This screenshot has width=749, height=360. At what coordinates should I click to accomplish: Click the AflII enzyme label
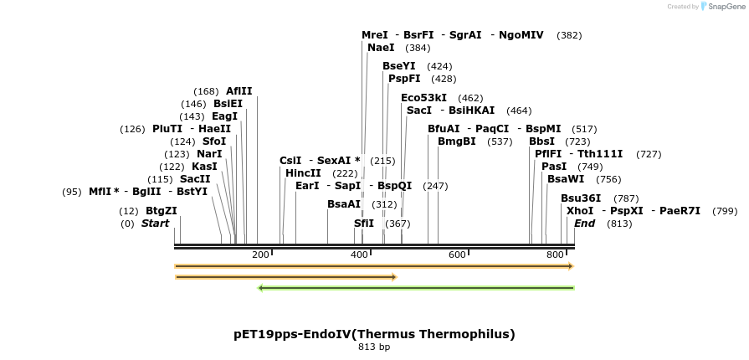[239, 91]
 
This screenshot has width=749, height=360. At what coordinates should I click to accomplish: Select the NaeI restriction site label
[381, 48]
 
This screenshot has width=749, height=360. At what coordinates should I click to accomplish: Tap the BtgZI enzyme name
[162, 211]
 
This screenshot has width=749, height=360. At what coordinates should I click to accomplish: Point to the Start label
[155, 224]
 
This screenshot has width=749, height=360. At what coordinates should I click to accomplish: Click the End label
[585, 224]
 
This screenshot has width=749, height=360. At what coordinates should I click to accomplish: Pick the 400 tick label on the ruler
[359, 255]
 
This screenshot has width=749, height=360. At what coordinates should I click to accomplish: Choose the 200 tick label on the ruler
[260, 255]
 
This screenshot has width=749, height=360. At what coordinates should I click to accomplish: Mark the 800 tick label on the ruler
[555, 255]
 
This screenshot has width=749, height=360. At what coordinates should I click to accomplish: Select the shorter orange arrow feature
[285, 276]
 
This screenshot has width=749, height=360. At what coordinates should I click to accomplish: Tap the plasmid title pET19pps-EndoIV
[374, 334]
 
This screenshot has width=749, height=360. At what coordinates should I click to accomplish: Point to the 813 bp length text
[374, 347]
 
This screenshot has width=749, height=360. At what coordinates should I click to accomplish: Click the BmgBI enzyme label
[457, 141]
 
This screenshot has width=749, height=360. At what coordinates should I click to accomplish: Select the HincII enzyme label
[303, 173]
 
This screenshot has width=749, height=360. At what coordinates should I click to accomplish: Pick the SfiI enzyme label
[364, 224]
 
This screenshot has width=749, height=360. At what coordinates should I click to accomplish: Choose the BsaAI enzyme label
[344, 204]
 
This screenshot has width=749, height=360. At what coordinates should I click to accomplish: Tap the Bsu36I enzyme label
[581, 198]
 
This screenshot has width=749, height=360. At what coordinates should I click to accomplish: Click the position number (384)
[418, 49]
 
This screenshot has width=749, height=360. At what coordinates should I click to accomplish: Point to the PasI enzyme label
[554, 167]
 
